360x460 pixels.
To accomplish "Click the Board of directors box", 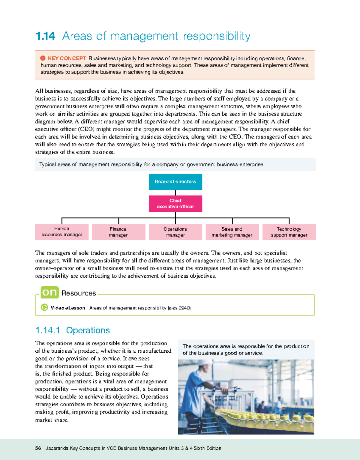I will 175,182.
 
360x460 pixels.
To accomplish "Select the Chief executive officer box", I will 175,204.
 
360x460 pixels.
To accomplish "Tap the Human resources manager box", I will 62,232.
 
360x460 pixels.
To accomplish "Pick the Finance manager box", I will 118,232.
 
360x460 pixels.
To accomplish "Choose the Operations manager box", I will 175,232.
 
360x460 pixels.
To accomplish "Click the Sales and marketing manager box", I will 232,232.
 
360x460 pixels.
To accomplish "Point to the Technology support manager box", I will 289,232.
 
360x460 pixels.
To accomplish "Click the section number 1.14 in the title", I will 45,36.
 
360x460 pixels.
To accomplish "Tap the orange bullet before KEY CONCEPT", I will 43,58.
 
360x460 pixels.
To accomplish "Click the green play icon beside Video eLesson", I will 44,307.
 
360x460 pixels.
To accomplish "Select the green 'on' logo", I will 49,292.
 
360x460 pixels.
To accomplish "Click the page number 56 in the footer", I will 38,448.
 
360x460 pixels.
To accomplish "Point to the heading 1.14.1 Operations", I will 73,330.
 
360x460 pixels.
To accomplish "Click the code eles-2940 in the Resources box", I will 179,308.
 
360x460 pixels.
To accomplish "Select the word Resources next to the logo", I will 79,293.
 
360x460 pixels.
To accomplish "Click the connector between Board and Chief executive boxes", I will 175,193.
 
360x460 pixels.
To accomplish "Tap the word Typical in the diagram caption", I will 47,164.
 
